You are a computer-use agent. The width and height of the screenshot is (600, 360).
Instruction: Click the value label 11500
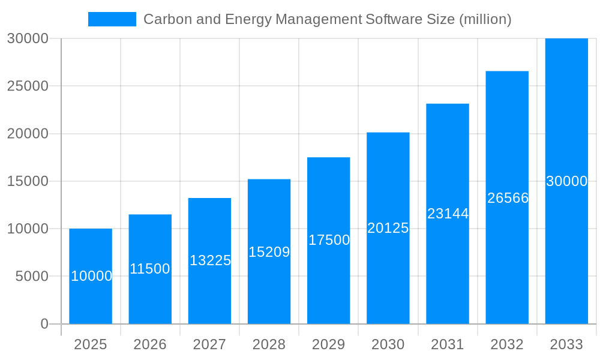click(150, 269)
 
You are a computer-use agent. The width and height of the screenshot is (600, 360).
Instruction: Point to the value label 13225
click(210, 260)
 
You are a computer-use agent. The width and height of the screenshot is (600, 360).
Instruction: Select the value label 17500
click(329, 240)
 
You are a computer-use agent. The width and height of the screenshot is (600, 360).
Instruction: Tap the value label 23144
click(448, 214)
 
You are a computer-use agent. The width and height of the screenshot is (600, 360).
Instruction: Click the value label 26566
click(508, 198)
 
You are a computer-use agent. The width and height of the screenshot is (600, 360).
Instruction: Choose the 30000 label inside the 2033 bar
click(566, 181)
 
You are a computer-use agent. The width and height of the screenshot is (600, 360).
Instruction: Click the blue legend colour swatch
click(112, 19)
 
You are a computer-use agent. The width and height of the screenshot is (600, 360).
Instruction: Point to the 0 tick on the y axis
click(44, 324)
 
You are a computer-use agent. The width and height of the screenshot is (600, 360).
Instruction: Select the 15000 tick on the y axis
click(28, 181)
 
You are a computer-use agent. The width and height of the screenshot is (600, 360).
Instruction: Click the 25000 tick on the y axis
click(28, 86)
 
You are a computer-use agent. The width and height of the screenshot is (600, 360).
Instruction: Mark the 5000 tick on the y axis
click(31, 277)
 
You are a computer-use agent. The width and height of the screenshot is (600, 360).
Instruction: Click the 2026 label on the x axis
click(150, 344)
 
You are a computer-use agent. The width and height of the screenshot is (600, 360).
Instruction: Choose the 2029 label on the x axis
click(329, 344)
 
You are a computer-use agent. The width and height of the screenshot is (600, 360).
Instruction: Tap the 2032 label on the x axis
click(507, 344)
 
